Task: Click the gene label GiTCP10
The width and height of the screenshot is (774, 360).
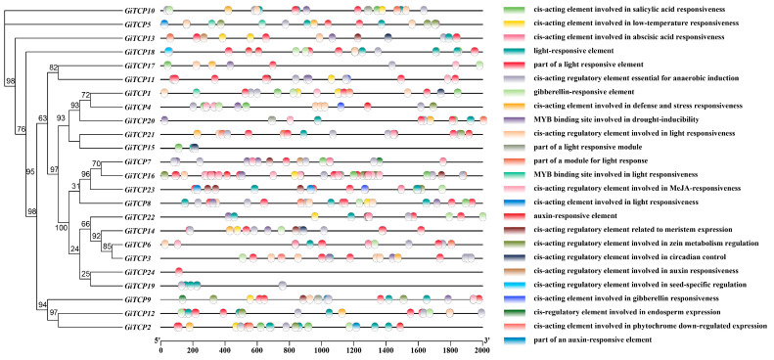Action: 137,9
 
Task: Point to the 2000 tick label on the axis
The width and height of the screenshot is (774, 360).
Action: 480,341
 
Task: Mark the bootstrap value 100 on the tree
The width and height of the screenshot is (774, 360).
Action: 61,227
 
